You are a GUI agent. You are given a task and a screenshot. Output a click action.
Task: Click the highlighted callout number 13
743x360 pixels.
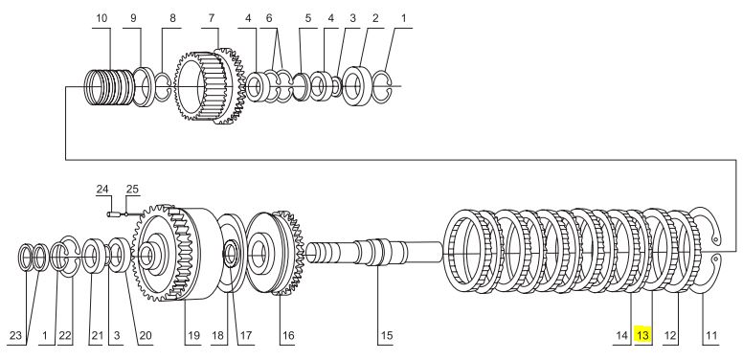click(642, 335)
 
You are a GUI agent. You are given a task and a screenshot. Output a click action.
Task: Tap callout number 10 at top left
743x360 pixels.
click(101, 18)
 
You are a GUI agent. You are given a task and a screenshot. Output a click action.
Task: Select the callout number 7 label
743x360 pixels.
click(211, 18)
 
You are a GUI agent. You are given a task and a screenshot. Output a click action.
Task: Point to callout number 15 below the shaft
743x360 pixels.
click(387, 335)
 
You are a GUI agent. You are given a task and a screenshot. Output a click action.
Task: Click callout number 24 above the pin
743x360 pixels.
click(102, 189)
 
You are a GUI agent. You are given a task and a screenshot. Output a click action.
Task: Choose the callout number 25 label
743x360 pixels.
click(132, 189)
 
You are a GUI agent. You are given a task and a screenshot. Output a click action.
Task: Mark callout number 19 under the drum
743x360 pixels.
click(192, 335)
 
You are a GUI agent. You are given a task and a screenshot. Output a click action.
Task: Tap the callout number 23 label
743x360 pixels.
click(15, 335)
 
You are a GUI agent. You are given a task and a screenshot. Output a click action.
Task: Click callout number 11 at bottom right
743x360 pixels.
click(711, 335)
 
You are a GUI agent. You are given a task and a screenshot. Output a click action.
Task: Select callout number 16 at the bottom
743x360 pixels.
click(288, 335)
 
